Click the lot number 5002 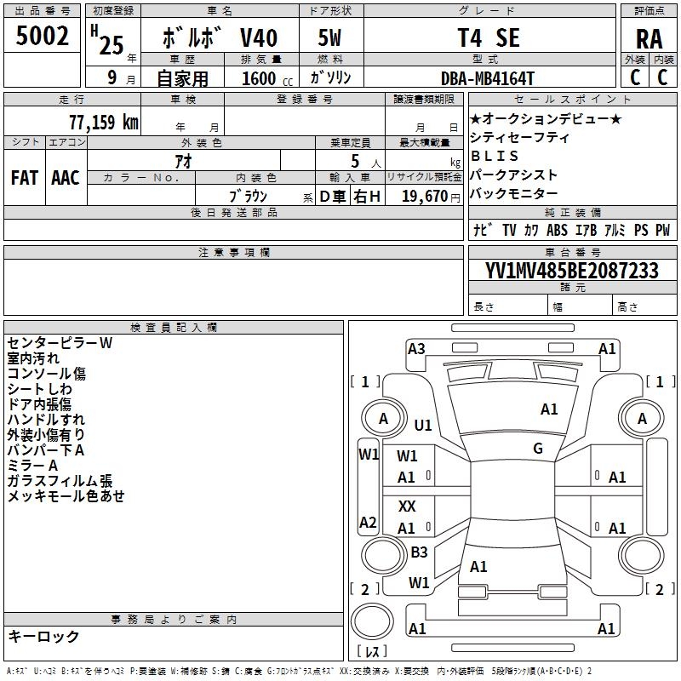click(x=43, y=37)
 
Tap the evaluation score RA click(x=650, y=38)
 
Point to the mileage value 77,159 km click(x=103, y=121)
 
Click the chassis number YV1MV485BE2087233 click(x=572, y=271)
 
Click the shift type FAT click(x=24, y=178)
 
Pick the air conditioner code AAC click(x=66, y=178)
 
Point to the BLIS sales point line click(x=495, y=156)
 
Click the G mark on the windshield click(x=538, y=448)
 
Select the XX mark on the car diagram click(x=407, y=506)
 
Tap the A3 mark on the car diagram click(x=416, y=348)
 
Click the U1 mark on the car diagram click(x=423, y=425)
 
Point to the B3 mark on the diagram click(x=419, y=552)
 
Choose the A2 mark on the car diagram click(x=368, y=523)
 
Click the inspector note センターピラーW click(x=60, y=342)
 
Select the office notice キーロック click(x=43, y=636)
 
